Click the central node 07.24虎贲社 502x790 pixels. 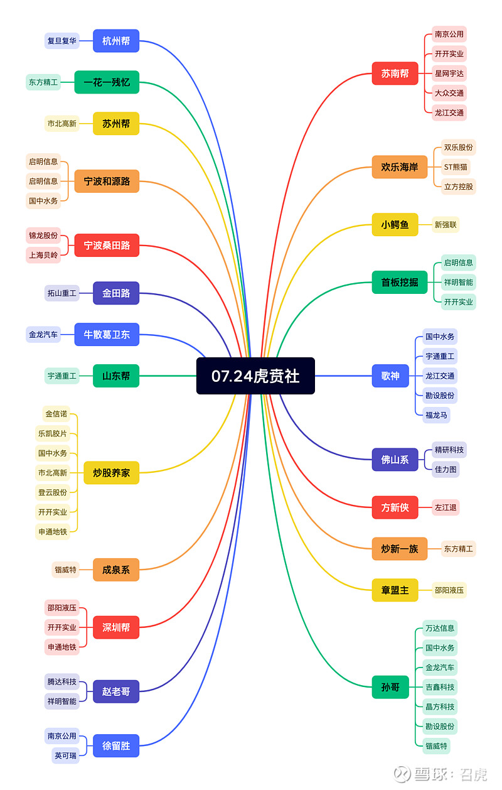click(255, 376)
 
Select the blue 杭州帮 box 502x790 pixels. click(116, 41)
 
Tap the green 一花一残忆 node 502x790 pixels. click(107, 82)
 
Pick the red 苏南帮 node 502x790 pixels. click(395, 73)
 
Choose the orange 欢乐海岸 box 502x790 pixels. click(400, 167)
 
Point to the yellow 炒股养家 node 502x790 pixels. click(112, 473)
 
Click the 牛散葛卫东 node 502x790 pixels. click(107, 334)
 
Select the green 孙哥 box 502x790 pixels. click(390, 687)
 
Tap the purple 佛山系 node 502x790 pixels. click(395, 460)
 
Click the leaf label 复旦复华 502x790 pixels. click(62, 41)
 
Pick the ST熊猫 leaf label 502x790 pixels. click(456, 167)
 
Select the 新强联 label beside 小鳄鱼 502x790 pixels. click(446, 225)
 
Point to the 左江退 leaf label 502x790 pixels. click(446, 507)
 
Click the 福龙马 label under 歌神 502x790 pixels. click(437, 415)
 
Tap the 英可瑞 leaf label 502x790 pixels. click(65, 755)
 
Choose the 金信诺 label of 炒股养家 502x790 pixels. click(56, 414)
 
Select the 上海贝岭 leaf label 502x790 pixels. click(43, 255)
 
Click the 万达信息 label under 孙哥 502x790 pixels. click(440, 628)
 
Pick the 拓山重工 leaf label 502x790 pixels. click(62, 293)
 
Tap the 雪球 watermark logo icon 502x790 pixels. click(402, 774)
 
